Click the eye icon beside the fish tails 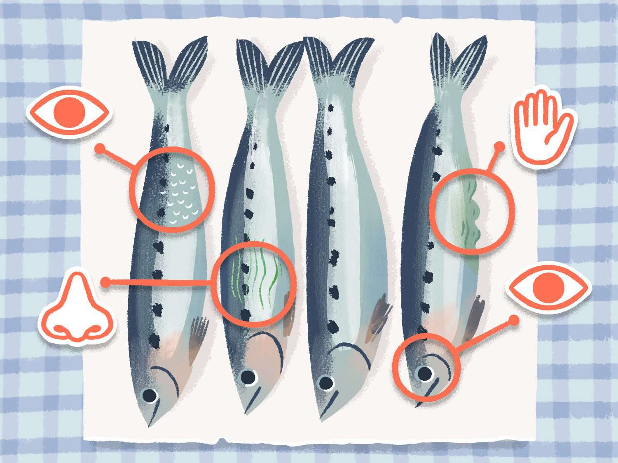tap(68, 111)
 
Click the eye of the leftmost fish tap(149, 395)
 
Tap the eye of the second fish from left tap(248, 377)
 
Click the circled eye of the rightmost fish tap(425, 373)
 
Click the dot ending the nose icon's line tap(106, 282)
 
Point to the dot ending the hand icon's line tap(499, 147)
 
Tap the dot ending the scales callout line tap(99, 149)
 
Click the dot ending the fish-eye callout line tap(514, 320)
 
